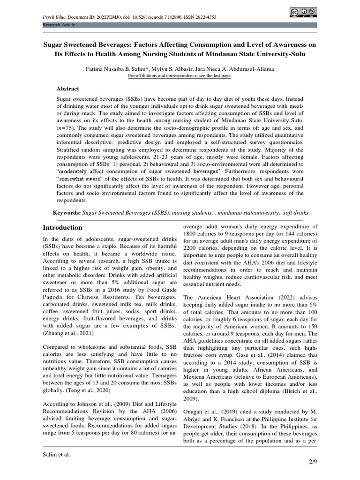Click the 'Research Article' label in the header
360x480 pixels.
(x=59, y=24)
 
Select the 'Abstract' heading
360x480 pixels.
(x=68, y=89)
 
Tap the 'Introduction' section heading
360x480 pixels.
(x=62, y=227)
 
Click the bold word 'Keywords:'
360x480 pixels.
(x=67, y=213)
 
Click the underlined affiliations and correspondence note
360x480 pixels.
(x=180, y=75)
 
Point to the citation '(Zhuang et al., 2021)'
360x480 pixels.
(x=69, y=333)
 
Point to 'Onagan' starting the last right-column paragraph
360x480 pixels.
(x=194, y=407)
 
